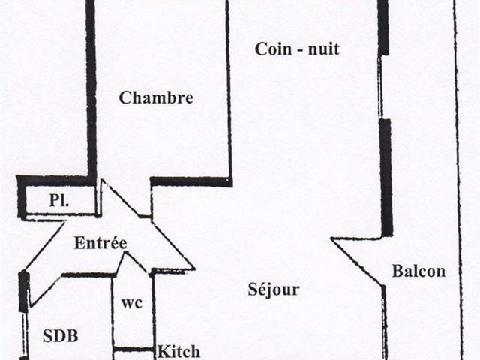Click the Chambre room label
pyautogui.click(x=156, y=97)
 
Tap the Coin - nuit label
pyautogui.click(x=297, y=49)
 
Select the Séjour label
pyautogui.click(x=273, y=289)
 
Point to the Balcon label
pyautogui.click(x=418, y=271)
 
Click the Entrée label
pyautogui.click(x=100, y=243)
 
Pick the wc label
pyautogui.click(x=132, y=303)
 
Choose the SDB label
pyautogui.click(x=61, y=336)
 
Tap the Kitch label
pyautogui.click(x=178, y=351)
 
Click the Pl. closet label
pyautogui.click(x=59, y=201)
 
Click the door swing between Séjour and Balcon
pyautogui.click(x=357, y=262)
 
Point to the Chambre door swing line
pyautogui.click(x=121, y=199)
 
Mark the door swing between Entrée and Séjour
pyautogui.click(x=174, y=247)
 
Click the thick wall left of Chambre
pyautogui.click(x=91, y=88)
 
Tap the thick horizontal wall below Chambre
pyautogui.click(x=191, y=181)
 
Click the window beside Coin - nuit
pyautogui.click(x=380, y=87)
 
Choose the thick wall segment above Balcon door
pyautogui.click(x=386, y=178)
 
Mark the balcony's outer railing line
pyautogui.click(x=457, y=180)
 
